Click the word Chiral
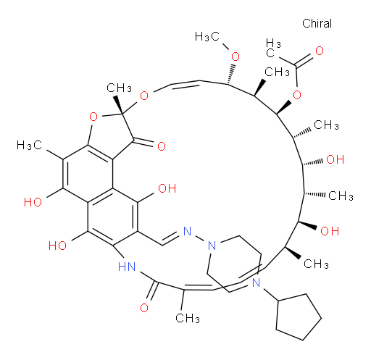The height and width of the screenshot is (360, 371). [317, 23]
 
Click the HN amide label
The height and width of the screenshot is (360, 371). [127, 267]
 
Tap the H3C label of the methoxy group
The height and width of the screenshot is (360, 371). [207, 37]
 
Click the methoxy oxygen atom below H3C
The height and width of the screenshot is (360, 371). [235, 56]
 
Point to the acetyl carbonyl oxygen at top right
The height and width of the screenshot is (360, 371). [320, 51]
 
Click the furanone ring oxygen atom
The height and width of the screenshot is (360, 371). [93, 117]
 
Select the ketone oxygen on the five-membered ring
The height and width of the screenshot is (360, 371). [162, 146]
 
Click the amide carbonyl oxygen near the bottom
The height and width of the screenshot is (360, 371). [144, 308]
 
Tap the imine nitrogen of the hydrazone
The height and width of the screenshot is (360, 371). [187, 231]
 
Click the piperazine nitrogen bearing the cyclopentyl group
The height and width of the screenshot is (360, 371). [256, 282]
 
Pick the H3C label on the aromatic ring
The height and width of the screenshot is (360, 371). [29, 146]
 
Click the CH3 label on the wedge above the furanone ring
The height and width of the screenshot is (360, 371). [119, 88]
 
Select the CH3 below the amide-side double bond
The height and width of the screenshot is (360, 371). [188, 318]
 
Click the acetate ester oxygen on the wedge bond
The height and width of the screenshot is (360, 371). [297, 95]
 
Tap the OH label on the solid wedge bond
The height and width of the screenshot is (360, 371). [330, 231]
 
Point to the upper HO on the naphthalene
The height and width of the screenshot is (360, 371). [33, 202]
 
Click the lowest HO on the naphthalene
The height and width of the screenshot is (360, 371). [57, 246]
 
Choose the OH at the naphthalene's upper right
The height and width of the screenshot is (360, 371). [167, 188]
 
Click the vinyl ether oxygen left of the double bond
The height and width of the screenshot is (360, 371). [144, 96]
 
